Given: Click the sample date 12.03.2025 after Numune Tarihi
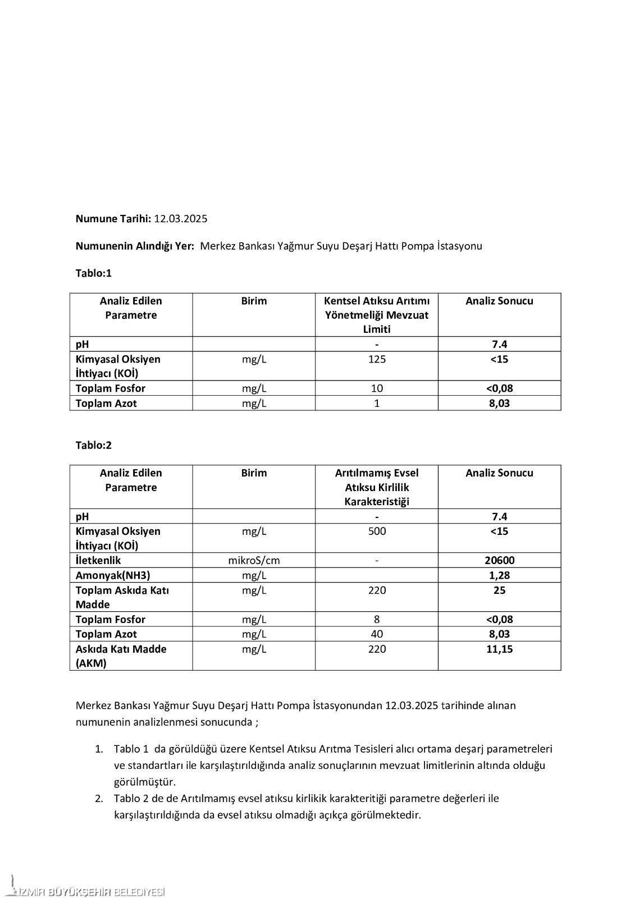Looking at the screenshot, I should (x=180, y=219).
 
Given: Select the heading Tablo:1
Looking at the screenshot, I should (x=94, y=273).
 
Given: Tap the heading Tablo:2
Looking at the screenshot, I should (x=94, y=445).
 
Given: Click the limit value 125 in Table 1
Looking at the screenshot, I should (x=377, y=359).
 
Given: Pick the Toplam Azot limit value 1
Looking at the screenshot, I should (x=377, y=403).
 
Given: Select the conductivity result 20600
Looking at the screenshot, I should (x=499, y=560).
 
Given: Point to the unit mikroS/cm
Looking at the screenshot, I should (x=254, y=560).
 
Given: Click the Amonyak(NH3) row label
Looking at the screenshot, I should (x=113, y=575).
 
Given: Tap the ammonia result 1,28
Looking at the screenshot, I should (x=499, y=575).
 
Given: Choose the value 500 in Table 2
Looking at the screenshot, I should (x=377, y=531).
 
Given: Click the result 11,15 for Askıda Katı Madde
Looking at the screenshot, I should (x=499, y=649).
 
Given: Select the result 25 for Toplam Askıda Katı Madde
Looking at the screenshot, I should (x=499, y=590).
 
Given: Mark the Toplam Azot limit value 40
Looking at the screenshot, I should (x=377, y=634).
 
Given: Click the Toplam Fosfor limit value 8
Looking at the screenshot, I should (x=377, y=620).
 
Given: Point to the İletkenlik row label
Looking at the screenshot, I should (x=98, y=560).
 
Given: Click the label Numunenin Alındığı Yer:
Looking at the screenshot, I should (x=135, y=246).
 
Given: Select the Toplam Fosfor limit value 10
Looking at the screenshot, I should (x=377, y=388).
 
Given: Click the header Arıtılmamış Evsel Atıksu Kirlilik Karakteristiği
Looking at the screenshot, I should (x=377, y=487).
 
